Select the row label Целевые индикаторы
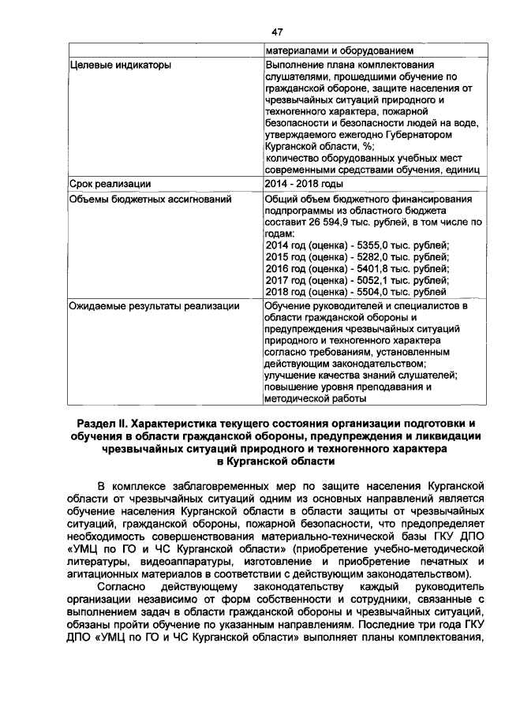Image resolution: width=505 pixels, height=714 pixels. (119, 65)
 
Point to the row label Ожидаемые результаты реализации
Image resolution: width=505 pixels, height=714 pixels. (154, 305)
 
